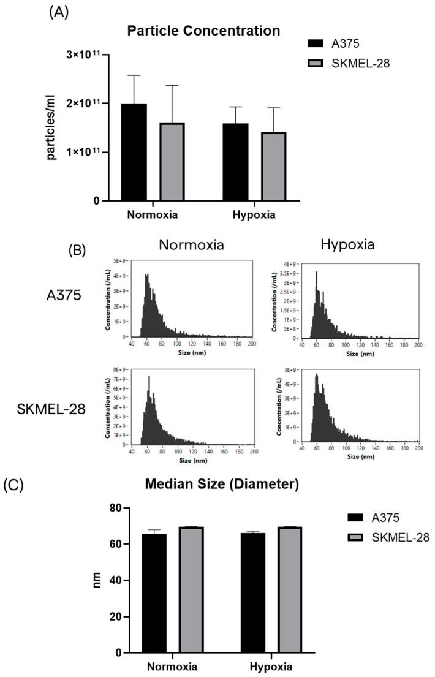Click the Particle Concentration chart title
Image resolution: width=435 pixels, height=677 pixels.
(203, 30)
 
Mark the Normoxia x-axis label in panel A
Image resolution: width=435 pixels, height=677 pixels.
(153, 215)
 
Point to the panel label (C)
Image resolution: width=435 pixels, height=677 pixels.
(14, 483)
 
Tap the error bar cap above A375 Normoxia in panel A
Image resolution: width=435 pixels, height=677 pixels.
(134, 75)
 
